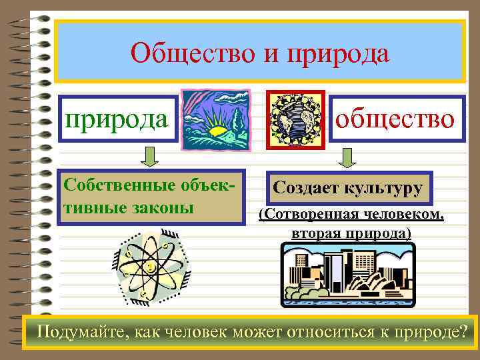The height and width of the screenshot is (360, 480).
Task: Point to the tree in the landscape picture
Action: (237, 120)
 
